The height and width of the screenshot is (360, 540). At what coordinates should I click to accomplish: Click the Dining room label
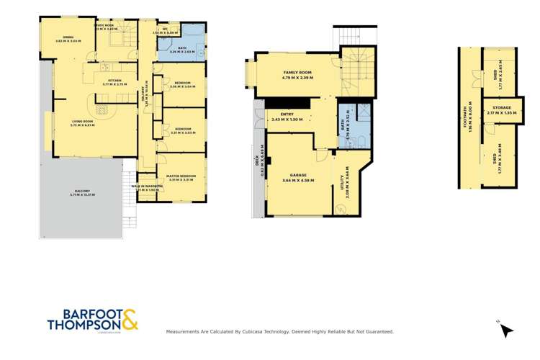click(x=68, y=37)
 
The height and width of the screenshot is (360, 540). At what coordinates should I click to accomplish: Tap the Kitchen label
click(x=114, y=81)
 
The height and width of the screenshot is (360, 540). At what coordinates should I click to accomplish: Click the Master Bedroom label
click(x=181, y=176)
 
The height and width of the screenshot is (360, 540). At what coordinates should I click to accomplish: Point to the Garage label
click(x=294, y=174)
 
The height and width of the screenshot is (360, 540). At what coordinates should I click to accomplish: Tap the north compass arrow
click(x=507, y=330)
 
